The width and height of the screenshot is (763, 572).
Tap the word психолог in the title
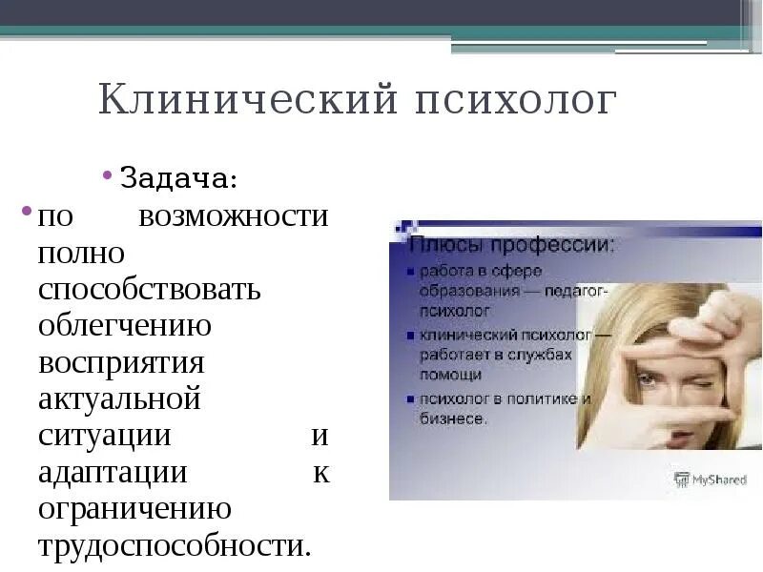coord(514,100)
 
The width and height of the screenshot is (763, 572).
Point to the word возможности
coord(233,216)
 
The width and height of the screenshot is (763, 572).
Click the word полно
coord(81,253)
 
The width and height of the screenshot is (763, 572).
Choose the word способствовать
coord(150,289)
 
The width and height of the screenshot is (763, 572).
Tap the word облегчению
coord(125,326)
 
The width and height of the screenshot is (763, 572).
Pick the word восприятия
coord(122,363)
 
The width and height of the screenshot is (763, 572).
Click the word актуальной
coord(119,399)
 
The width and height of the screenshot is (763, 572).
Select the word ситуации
coord(105,436)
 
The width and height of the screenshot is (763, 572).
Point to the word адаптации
coord(113,472)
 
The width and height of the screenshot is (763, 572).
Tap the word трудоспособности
coord(175,546)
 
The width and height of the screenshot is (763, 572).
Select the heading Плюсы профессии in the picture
coord(512,246)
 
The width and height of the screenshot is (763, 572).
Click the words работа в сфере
coord(474,272)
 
